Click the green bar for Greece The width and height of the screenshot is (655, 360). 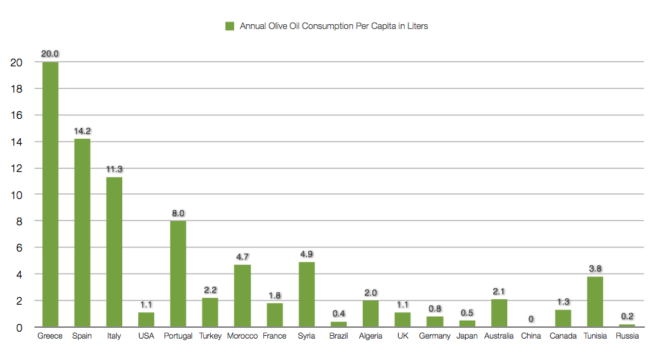pos(50,194)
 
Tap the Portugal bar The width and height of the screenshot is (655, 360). pos(178,274)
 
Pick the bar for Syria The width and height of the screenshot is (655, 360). pos(306,294)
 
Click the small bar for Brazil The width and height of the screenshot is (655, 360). pos(339,324)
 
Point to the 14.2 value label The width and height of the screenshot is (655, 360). pos(82,131)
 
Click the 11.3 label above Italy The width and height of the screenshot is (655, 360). pos(114,169)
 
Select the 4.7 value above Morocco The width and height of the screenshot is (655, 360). pos(243,256)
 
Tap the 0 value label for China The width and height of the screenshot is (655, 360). pos(531,319)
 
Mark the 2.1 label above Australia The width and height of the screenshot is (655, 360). pos(499,291)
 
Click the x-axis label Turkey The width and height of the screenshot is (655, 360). pos(210,337)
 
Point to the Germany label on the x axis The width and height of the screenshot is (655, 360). pos(435,337)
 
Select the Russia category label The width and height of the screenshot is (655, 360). pos(627,337)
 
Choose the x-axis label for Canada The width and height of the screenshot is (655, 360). pos(563,337)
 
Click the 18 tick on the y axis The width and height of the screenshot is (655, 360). pos(17,89)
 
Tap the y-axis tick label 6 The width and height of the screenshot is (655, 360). pos(19,248)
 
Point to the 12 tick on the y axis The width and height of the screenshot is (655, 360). pos(17,169)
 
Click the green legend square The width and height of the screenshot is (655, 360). pos(229,26)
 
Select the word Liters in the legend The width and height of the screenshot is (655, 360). pos(417,26)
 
